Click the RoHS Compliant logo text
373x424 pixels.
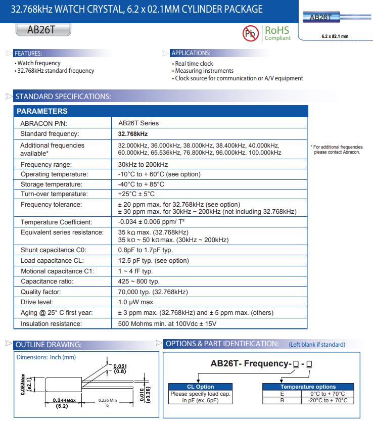pos(277,33)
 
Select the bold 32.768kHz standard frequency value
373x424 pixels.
pos(133,134)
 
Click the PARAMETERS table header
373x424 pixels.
pos(42,111)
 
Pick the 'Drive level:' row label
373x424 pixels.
pos(37,302)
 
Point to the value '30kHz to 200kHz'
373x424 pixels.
pos(143,165)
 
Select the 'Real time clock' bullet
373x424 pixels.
pos(194,64)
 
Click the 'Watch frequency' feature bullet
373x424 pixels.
pos(39,63)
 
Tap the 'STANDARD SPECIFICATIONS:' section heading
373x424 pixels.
pos(63,97)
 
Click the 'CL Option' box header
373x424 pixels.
pos(201,387)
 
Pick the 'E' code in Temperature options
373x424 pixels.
pos(282,394)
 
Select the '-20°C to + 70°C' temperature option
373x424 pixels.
pos(328,400)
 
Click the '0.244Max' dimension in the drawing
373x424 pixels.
pos(64,400)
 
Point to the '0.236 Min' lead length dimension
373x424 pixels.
pos(107,400)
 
